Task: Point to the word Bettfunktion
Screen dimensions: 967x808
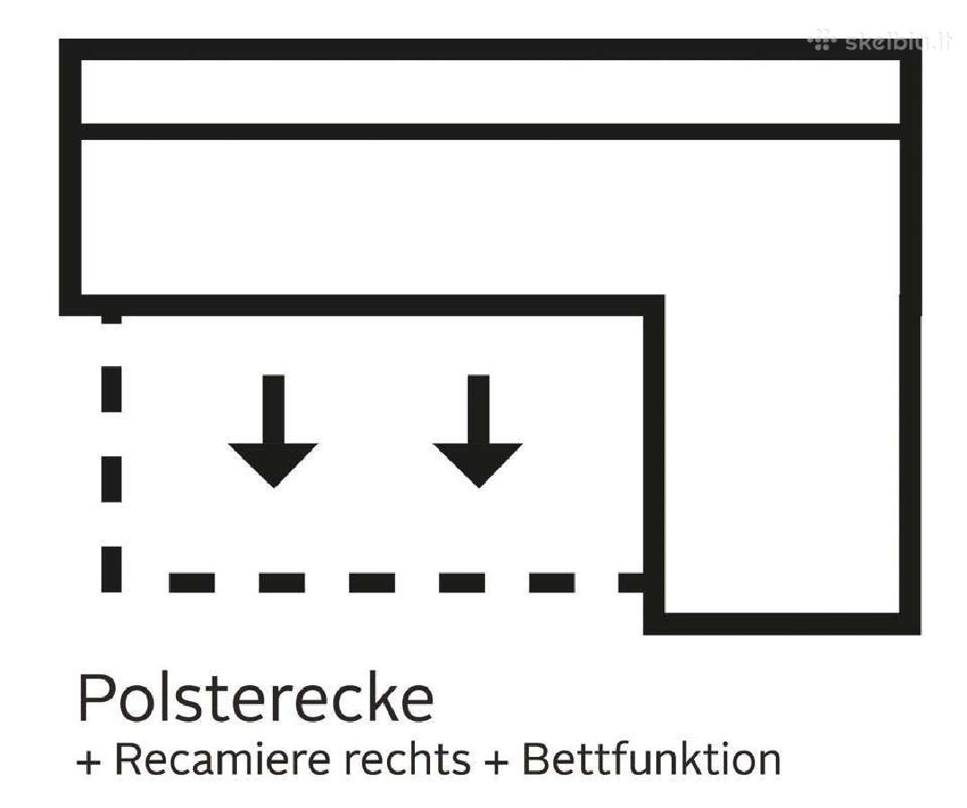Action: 652,759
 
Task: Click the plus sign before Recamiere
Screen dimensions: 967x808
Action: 89,761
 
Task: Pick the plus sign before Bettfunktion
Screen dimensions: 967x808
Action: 497,761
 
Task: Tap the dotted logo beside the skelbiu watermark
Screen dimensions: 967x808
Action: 822,42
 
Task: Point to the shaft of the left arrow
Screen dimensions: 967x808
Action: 273,408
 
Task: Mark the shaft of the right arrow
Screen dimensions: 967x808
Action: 479,408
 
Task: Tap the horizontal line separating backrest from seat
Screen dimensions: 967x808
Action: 490,131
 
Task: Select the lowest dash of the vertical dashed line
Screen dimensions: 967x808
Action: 111,569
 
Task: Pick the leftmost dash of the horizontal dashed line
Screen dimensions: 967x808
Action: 192,583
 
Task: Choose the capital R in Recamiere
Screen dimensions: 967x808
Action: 129,760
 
